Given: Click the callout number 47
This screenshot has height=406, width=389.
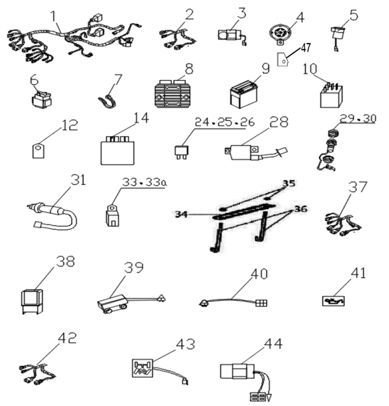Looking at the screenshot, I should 306,48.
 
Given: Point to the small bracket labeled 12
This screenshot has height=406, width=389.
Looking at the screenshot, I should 38,151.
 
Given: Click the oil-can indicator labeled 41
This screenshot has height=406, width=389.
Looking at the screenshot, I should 333,301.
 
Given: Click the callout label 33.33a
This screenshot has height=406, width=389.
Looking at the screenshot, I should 144,183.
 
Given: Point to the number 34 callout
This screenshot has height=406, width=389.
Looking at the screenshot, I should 181,214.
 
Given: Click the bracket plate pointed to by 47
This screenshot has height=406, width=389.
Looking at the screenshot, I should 282,59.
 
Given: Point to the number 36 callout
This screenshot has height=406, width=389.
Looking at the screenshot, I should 300,209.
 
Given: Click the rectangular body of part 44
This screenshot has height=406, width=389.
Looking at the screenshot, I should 237,371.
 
